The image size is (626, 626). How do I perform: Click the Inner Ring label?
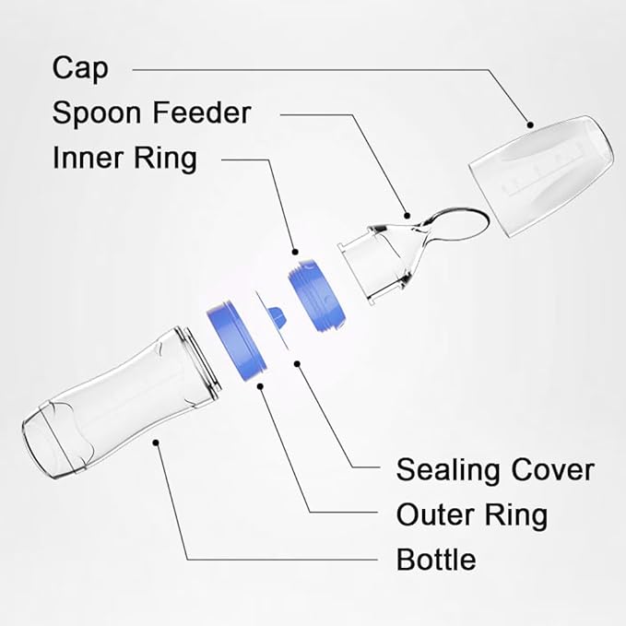coord(124,158)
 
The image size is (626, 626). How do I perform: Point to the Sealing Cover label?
coord(495,469)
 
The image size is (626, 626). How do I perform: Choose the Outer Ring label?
coord(471,514)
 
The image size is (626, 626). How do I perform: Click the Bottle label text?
coord(436,559)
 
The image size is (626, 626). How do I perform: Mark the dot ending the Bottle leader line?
coord(158,443)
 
